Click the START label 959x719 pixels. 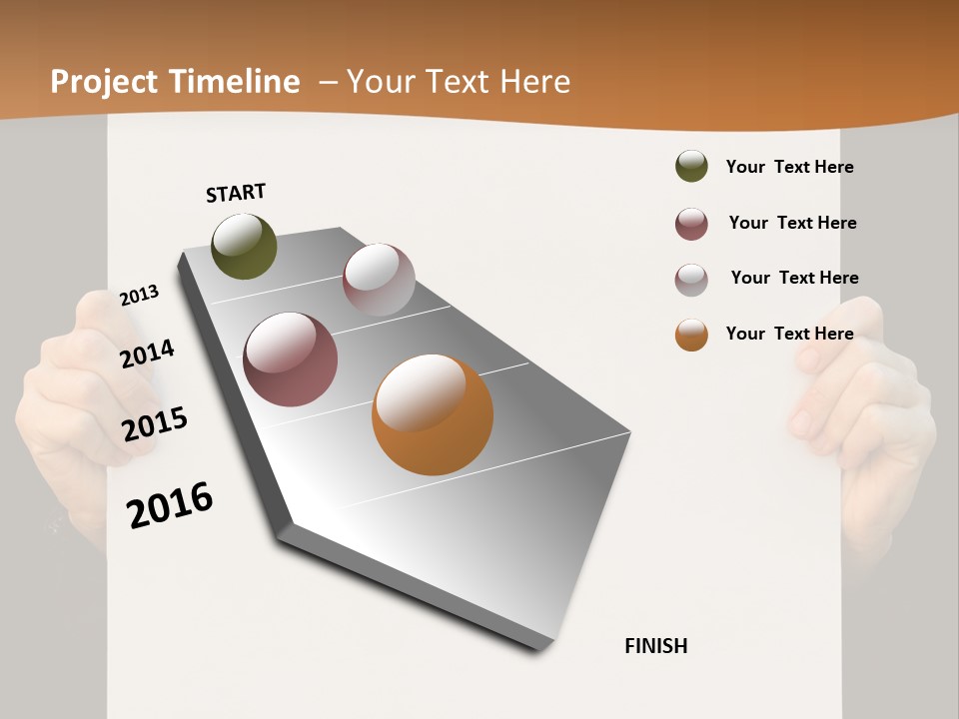[x=236, y=193]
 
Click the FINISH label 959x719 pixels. [x=655, y=646]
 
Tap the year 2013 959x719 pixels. [x=139, y=296]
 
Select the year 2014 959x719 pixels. [x=147, y=354]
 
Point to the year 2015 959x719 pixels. [x=154, y=423]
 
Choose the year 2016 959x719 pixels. [x=170, y=504]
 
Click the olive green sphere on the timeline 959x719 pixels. [x=244, y=246]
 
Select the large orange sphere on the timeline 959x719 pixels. [x=433, y=414]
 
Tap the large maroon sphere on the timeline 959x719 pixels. [x=291, y=359]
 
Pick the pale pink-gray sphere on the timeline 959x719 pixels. [x=379, y=280]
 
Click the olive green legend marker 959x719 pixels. [x=691, y=167]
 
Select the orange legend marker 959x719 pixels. [x=691, y=335]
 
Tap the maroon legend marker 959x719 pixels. [x=691, y=224]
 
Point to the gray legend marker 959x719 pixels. [x=691, y=280]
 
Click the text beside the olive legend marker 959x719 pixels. [x=789, y=167]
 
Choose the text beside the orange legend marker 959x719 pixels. [x=789, y=334]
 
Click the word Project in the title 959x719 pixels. [x=105, y=82]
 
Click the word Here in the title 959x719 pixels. [x=534, y=82]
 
